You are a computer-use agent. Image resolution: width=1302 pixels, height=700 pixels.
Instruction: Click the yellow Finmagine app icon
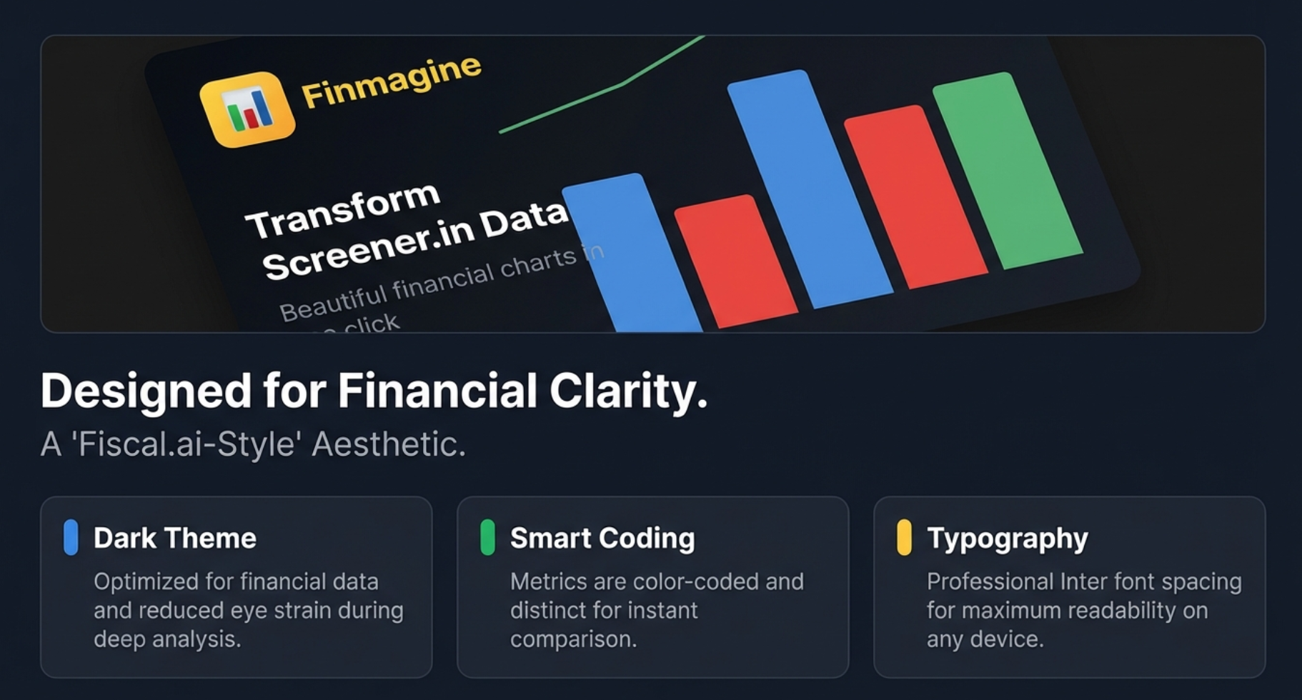point(247,109)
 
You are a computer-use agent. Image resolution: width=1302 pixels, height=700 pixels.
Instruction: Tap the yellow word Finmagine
point(391,82)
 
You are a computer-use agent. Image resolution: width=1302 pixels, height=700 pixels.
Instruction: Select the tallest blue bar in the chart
point(810,189)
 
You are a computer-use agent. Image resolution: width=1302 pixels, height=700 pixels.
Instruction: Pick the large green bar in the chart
point(1008,170)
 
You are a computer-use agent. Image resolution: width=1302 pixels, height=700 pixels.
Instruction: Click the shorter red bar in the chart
point(735,260)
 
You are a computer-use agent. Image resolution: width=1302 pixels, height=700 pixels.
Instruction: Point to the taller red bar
point(915,196)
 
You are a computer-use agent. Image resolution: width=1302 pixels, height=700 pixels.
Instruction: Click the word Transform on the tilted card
point(342,211)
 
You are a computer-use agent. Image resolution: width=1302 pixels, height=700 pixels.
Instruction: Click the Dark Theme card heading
point(175,538)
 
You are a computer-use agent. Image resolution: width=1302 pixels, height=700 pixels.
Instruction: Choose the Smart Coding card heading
point(602,538)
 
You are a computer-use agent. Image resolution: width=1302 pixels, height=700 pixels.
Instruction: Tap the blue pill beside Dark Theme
point(71,537)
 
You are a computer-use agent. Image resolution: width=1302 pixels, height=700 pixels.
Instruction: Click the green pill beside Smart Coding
point(487,537)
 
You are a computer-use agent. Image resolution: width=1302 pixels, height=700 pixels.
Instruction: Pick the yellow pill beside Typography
point(904,537)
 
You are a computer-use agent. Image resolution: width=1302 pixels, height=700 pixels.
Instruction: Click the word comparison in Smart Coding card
point(573,639)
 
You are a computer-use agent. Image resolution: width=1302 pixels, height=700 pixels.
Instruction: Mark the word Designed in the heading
point(146,391)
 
